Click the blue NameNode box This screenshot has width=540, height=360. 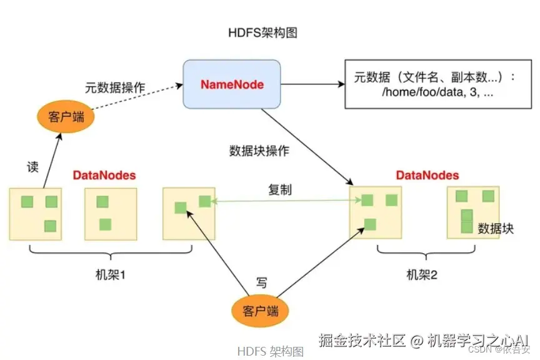click(231, 84)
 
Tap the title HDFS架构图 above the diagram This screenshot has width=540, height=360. click(262, 33)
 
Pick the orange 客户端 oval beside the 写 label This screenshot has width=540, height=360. click(261, 311)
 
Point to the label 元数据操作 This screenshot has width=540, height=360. click(115, 88)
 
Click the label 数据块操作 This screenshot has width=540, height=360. click(259, 151)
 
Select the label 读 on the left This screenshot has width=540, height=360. click(32, 167)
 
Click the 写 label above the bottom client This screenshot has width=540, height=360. click(262, 283)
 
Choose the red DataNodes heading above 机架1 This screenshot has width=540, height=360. click(104, 176)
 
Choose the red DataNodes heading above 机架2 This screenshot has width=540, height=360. click(427, 176)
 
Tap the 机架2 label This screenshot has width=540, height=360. click(422, 274)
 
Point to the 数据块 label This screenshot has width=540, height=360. click(496, 229)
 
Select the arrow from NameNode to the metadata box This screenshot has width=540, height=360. click(309, 83)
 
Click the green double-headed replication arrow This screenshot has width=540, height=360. click(287, 201)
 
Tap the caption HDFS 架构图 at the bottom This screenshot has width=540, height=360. click(271, 351)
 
